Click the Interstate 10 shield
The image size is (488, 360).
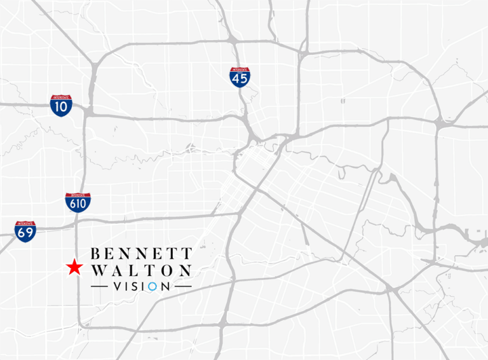pyautogui.click(x=61, y=106)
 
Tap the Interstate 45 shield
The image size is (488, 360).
pyautogui.click(x=240, y=78)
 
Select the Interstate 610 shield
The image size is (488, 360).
pyautogui.click(x=78, y=203)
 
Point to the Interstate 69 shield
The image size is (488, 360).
pyautogui.click(x=25, y=232)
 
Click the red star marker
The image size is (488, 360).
pyautogui.click(x=75, y=268)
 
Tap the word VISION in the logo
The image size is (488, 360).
pyautogui.click(x=141, y=287)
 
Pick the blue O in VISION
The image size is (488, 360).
pyautogui.click(x=152, y=287)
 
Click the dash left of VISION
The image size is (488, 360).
pyautogui.click(x=100, y=287)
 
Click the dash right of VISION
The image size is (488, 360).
pyautogui.click(x=182, y=287)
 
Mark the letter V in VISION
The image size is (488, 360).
pyautogui.click(x=117, y=287)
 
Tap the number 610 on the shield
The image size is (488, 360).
pyautogui.click(x=78, y=205)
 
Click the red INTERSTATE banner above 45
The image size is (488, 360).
pyautogui.click(x=240, y=69)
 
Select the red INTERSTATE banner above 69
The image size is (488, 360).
pyautogui.click(x=25, y=224)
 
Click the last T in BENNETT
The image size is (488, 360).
pyautogui.click(x=186, y=253)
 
